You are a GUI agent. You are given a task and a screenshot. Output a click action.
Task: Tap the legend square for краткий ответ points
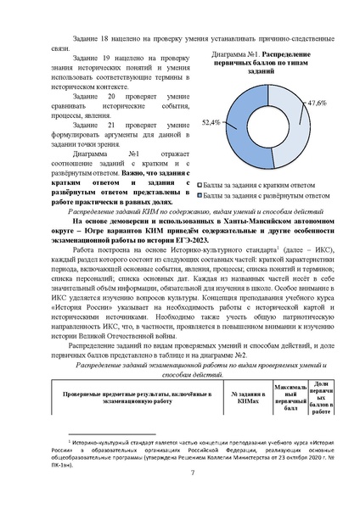[200, 183]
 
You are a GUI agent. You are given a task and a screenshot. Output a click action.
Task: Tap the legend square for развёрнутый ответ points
[200, 194]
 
